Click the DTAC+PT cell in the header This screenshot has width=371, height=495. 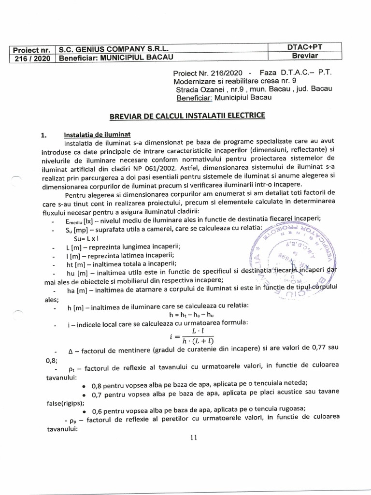[305, 47]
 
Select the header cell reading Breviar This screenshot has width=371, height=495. [305, 56]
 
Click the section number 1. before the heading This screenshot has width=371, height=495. [43, 135]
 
